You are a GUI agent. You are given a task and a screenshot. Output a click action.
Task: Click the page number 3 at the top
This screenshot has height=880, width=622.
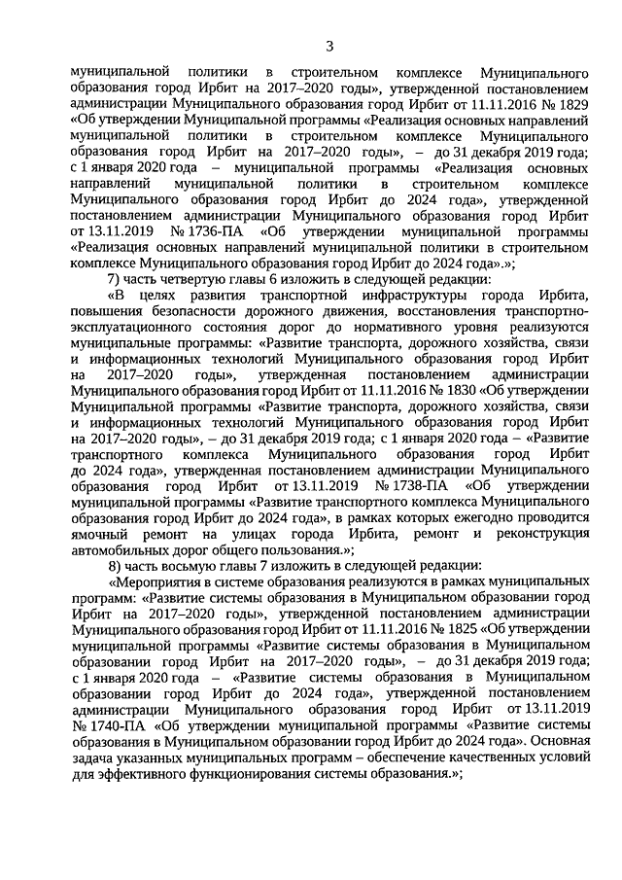(x=330, y=47)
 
